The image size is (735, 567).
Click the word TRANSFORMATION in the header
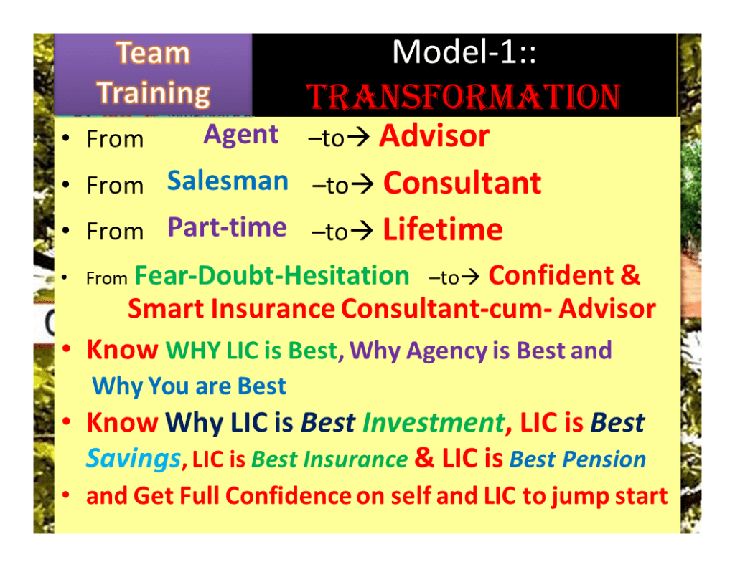coord(463,97)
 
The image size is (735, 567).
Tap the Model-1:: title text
coord(464,52)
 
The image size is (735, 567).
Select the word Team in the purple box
coord(153,52)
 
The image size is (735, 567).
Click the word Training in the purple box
coord(154,93)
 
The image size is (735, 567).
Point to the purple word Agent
coord(241,136)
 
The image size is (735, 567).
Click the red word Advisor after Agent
coord(434,136)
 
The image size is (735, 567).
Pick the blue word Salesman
coord(228,181)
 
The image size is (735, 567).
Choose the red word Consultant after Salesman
coord(462,183)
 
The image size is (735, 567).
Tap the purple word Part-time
coord(228,227)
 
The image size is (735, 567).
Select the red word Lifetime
coord(443,229)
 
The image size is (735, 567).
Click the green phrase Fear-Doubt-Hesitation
coord(272,275)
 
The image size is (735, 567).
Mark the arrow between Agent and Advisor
coord(357,137)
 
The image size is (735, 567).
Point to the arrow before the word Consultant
coord(362,184)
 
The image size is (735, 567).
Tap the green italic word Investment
coord(434,423)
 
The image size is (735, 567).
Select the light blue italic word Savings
coord(134,458)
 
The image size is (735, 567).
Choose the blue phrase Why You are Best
coord(189,386)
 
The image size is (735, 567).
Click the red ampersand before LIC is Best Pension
coord(424,457)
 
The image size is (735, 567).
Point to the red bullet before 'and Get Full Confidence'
coord(66,495)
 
